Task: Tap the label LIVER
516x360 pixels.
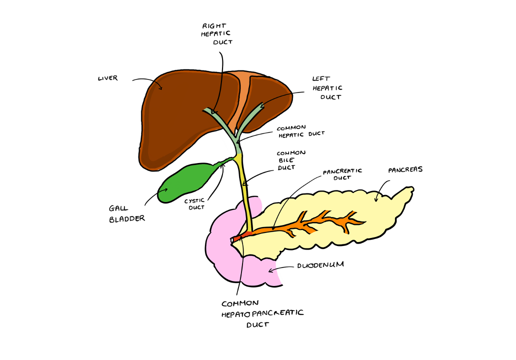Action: click(x=107, y=78)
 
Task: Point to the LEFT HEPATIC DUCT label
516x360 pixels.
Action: click(x=327, y=87)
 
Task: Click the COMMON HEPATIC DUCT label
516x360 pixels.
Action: click(x=300, y=131)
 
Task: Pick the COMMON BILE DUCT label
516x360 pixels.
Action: click(x=291, y=160)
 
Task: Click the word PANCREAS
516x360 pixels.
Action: click(x=405, y=169)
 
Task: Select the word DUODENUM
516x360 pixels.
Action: click(x=320, y=265)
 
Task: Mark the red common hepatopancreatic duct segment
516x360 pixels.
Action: click(x=240, y=237)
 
